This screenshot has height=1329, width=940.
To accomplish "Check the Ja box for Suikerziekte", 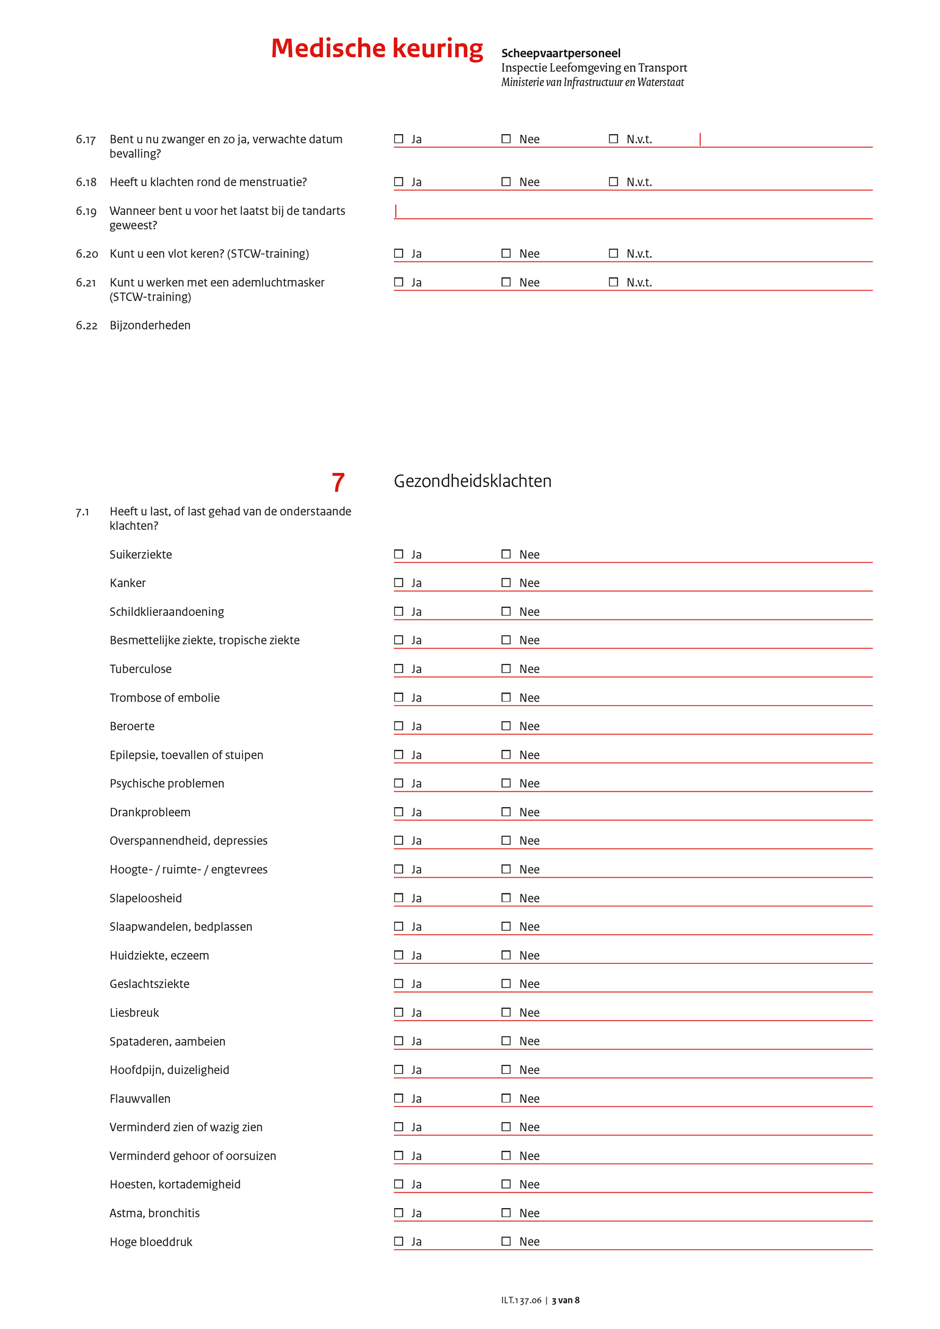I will click(x=399, y=554).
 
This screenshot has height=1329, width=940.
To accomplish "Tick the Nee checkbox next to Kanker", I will click(x=506, y=582).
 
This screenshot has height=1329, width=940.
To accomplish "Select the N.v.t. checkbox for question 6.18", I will click(x=614, y=182).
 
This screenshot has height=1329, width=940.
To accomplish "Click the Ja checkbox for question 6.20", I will click(x=399, y=253).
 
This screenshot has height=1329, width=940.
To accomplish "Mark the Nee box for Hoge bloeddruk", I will click(x=506, y=1241).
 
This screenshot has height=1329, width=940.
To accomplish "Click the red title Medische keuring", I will click(x=377, y=49).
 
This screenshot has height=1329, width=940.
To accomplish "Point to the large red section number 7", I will click(x=338, y=482).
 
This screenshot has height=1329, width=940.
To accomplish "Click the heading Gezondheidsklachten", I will click(x=472, y=481).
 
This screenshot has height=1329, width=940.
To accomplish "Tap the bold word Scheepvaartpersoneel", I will click(x=560, y=53).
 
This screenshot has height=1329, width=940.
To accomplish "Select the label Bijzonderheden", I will click(x=150, y=325).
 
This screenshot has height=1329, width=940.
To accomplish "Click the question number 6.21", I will click(x=85, y=283).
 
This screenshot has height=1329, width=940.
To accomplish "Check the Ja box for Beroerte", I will click(x=399, y=726).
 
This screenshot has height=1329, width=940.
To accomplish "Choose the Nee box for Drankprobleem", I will click(x=506, y=811).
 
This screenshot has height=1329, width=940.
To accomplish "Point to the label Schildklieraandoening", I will click(x=167, y=612).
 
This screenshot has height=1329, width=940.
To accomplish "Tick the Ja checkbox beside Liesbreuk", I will click(x=399, y=1012).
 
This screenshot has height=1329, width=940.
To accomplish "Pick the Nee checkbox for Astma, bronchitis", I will click(x=506, y=1213).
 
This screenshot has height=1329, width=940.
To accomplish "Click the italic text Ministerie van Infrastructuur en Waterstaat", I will click(x=592, y=82).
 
